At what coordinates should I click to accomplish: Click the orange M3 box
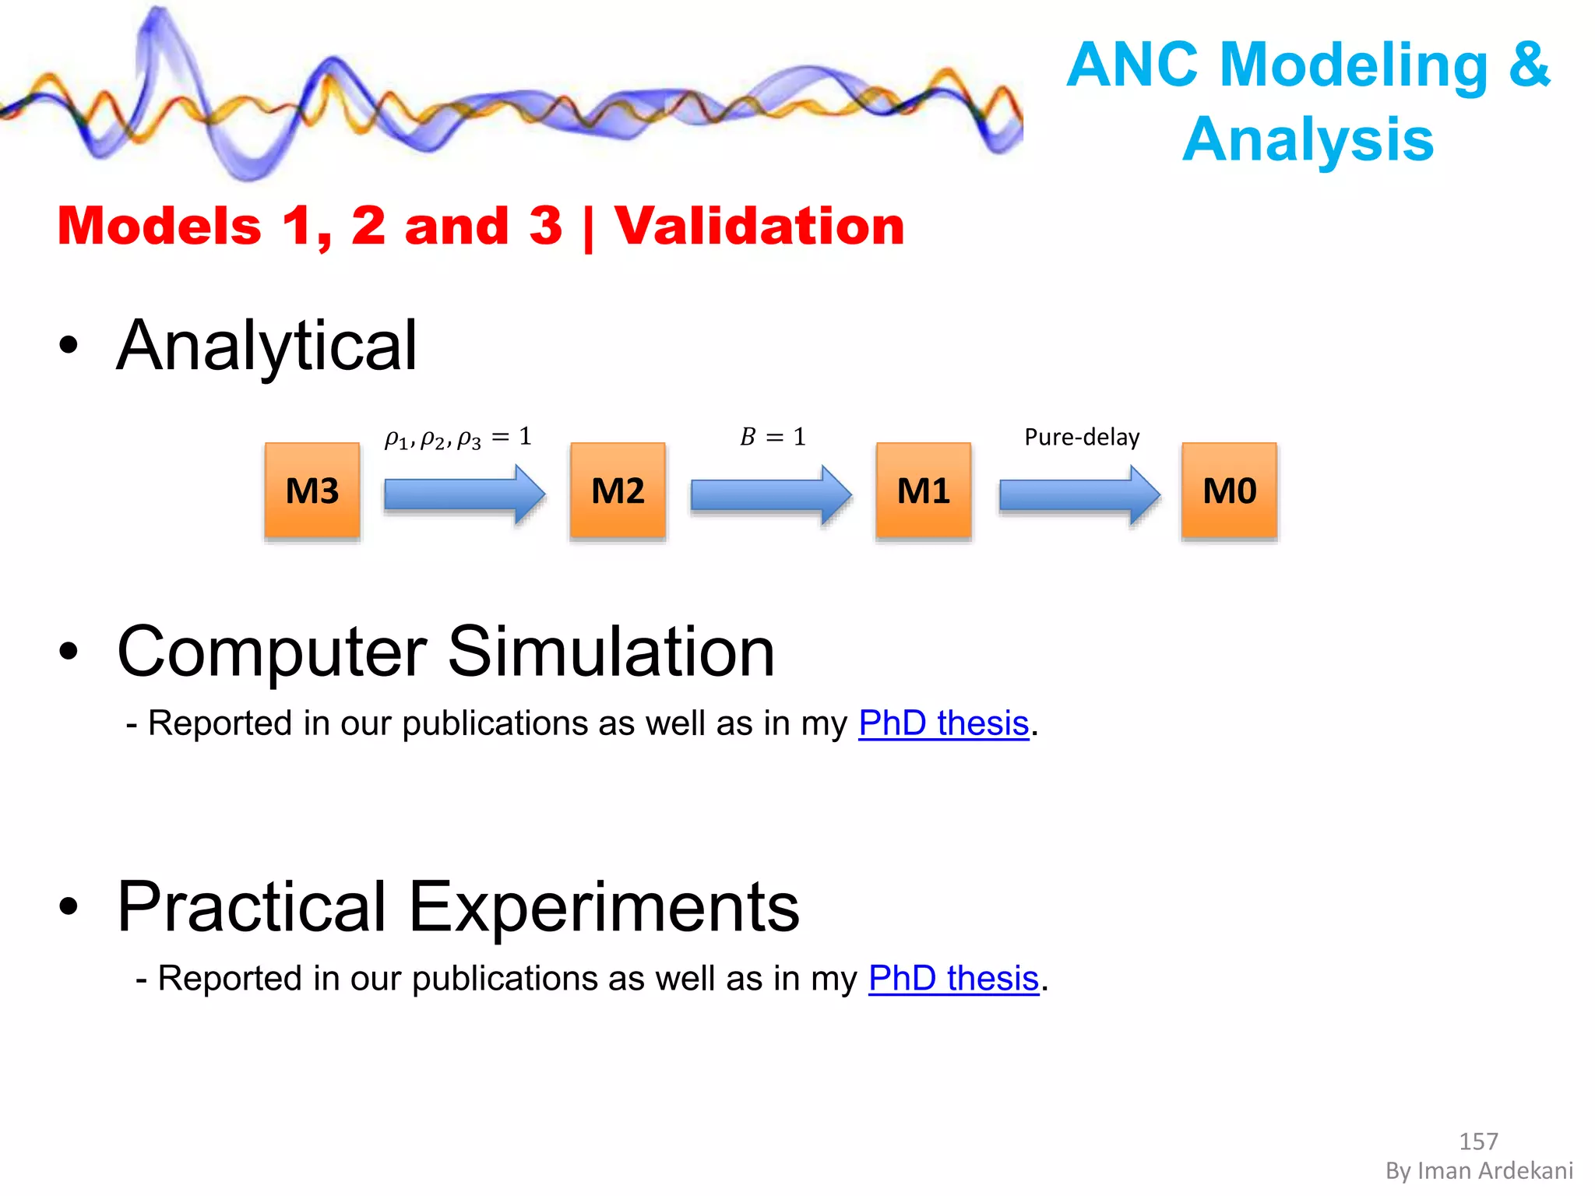click(x=312, y=491)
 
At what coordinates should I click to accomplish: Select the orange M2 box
click(x=618, y=491)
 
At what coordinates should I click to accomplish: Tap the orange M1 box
click(x=924, y=491)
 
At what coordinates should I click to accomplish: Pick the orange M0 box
click(x=1229, y=491)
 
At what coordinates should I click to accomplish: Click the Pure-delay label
click(x=1082, y=437)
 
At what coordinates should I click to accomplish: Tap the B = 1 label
click(x=773, y=437)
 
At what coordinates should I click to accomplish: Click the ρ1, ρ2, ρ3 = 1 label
click(x=458, y=438)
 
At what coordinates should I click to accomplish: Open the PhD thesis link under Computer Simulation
click(x=944, y=723)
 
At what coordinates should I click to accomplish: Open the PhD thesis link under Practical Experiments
click(x=954, y=979)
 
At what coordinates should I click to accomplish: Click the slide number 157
click(x=1478, y=1141)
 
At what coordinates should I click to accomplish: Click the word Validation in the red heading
click(x=759, y=226)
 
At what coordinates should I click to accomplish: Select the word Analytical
click(x=267, y=346)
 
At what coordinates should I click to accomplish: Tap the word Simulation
click(x=611, y=652)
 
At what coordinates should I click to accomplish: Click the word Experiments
click(x=604, y=907)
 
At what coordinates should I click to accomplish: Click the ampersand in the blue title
click(x=1530, y=64)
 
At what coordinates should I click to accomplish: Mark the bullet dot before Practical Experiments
click(x=69, y=906)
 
